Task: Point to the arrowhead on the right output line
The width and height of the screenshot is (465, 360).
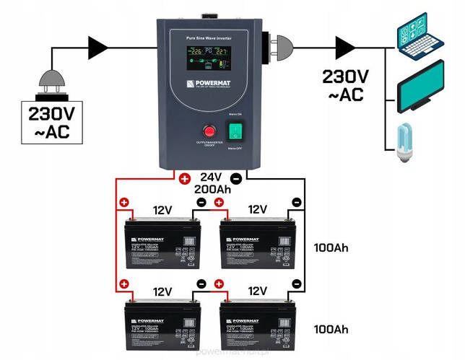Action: tap(346, 48)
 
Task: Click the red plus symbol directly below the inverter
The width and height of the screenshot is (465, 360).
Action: tap(186, 178)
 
